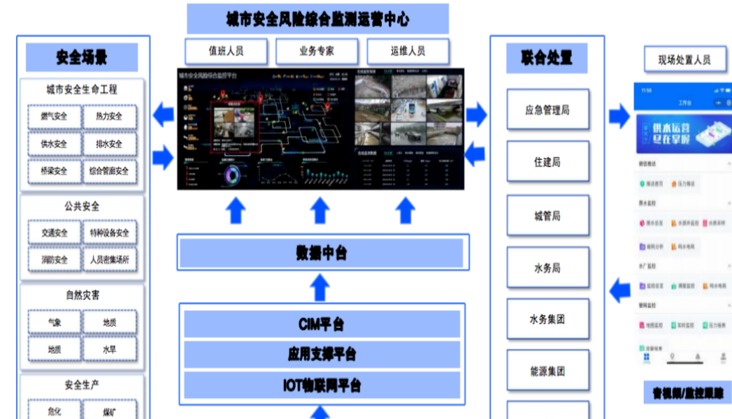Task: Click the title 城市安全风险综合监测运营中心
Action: click(317, 19)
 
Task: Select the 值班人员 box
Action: click(226, 51)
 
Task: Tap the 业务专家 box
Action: click(317, 51)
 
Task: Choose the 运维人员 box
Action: click(407, 51)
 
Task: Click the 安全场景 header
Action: click(82, 57)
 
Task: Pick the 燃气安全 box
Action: click(54, 117)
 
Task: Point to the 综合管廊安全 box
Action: click(109, 171)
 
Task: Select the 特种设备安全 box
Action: click(109, 233)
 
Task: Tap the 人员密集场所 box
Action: click(109, 260)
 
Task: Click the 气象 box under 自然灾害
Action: click(54, 323)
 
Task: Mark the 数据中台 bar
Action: click(322, 253)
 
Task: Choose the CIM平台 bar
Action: click(322, 324)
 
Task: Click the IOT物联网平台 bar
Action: click(322, 385)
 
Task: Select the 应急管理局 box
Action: click(547, 110)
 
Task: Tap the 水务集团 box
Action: click(547, 319)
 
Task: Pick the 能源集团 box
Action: click(547, 372)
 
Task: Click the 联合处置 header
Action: click(547, 58)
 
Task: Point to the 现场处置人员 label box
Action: click(684, 60)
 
